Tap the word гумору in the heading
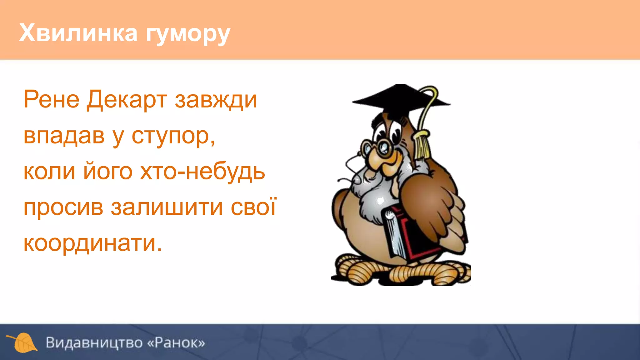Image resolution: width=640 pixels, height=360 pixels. tap(188, 34)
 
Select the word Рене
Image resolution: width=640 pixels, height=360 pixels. tap(51, 99)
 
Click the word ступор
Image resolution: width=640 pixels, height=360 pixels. tap(173, 136)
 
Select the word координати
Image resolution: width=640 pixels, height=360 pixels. tap(92, 243)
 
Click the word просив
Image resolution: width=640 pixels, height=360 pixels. tap(63, 207)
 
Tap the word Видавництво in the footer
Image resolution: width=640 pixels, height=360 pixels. tap(94, 342)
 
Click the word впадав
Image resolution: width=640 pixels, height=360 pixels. tap(64, 136)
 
